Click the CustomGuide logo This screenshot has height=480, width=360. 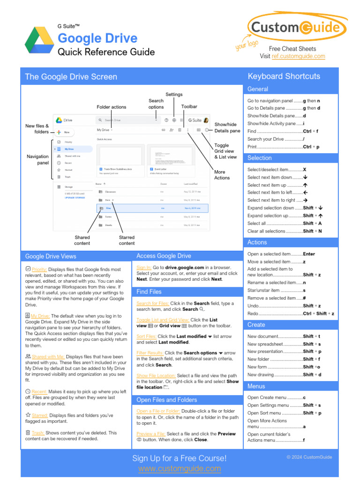point(295,28)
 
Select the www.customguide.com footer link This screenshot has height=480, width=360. point(180,468)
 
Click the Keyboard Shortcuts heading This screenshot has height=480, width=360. point(284,76)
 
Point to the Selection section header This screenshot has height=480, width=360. point(259,158)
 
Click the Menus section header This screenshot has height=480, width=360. point(256,386)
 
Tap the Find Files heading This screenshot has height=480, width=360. point(149,292)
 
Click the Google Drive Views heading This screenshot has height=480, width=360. point(51,256)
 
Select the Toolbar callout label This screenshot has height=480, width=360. point(189,107)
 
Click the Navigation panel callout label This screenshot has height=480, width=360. point(37,159)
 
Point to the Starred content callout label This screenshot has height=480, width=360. point(127,240)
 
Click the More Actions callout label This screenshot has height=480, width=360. point(222,175)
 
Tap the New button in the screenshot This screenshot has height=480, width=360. point(65,133)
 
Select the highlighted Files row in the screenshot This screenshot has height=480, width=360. point(152,208)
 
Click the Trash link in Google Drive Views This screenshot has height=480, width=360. point(38,433)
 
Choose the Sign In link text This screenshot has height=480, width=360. point(144,267)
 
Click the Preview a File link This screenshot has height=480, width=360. point(150,434)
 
